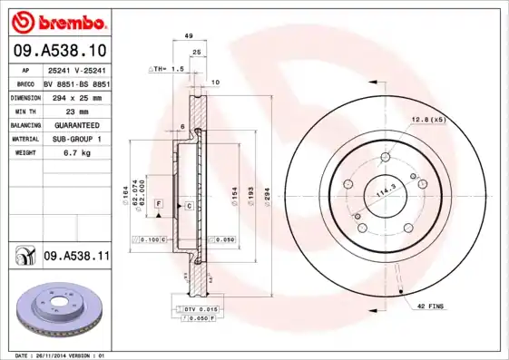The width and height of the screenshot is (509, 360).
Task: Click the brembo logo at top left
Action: click(x=56, y=22)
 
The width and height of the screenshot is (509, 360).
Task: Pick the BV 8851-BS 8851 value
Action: click(x=76, y=83)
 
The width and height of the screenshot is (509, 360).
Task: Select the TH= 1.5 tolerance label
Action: click(x=166, y=69)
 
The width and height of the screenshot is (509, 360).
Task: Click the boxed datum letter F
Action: click(x=159, y=206)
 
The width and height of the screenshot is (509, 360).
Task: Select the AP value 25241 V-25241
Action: click(x=76, y=69)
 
